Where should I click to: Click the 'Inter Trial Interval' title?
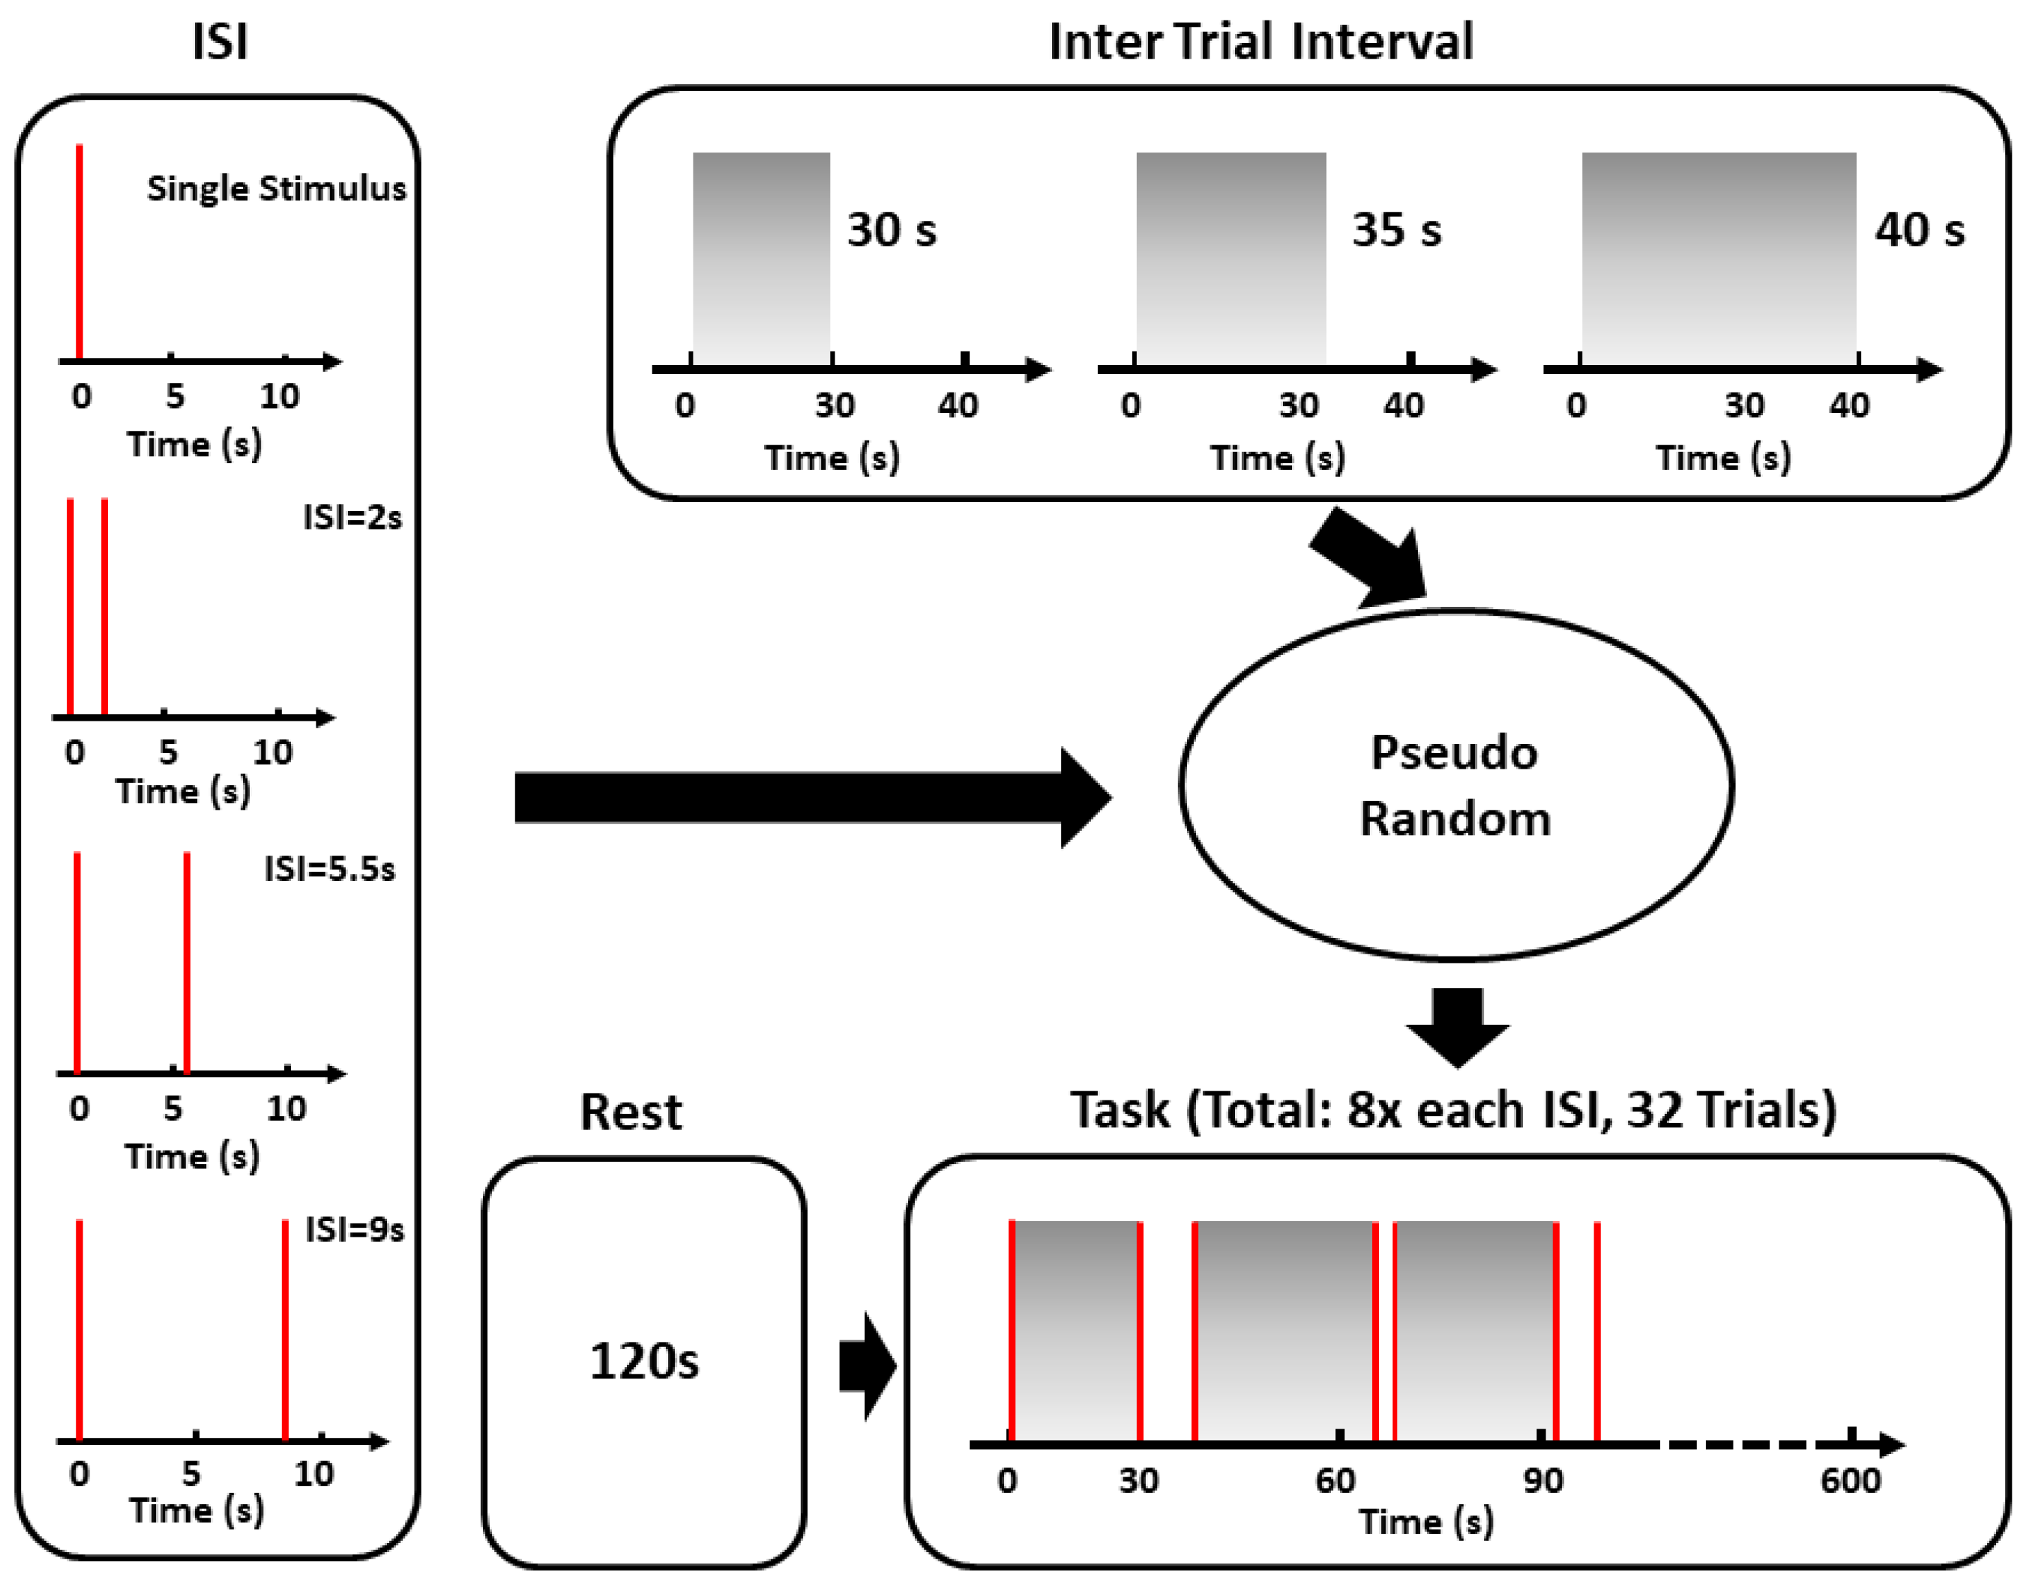click(1260, 42)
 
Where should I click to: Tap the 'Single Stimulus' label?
click(277, 189)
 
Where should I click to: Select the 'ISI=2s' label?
click(352, 517)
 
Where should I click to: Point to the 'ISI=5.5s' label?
click(329, 870)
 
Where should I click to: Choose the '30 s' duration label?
click(891, 230)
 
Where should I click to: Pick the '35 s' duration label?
click(1396, 230)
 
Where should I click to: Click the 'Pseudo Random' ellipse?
click(1455, 785)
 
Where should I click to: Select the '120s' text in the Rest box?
click(644, 1361)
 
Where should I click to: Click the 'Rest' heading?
click(631, 1112)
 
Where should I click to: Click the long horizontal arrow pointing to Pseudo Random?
click(811, 798)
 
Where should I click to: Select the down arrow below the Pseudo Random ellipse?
click(1457, 1026)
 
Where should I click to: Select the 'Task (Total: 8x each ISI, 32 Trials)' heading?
click(1453, 1110)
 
